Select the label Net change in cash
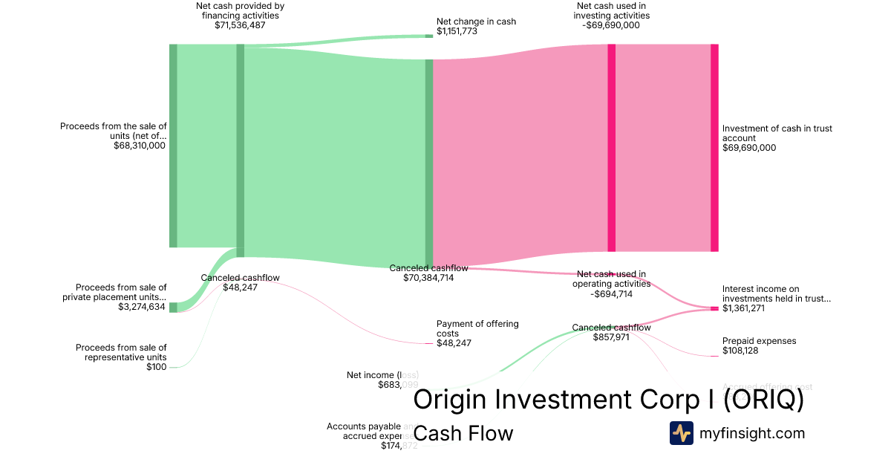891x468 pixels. [476, 22]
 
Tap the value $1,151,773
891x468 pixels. [457, 32]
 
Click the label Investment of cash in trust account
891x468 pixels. [777, 133]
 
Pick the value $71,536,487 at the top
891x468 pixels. [240, 25]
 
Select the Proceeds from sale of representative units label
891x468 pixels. [121, 352]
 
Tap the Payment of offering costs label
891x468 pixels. [477, 328]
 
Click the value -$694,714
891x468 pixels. [611, 293]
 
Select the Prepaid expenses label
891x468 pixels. [759, 341]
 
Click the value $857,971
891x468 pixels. [611, 337]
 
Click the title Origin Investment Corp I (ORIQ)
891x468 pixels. [608, 400]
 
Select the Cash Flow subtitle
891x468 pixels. [463, 433]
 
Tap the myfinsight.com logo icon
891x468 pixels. [682, 433]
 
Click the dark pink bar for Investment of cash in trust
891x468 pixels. [714, 148]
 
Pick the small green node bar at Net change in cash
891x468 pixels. [429, 36]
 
